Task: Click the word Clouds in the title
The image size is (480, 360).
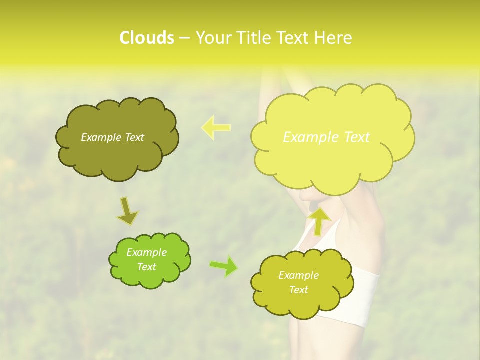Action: point(146,38)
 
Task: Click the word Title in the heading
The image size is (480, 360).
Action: point(254,38)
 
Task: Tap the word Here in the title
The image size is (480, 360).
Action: point(334,38)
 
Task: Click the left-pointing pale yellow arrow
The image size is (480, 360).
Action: point(216,127)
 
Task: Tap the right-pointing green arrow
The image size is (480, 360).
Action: point(224,266)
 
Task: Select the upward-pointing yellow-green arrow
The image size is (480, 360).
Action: point(319,221)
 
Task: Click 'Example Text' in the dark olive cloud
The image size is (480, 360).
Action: point(112,137)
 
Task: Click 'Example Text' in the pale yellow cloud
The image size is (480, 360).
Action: point(326,137)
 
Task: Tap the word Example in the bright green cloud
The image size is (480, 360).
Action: point(146,252)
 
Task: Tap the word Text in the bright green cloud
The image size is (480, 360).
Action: point(146,267)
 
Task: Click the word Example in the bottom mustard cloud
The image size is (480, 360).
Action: point(298,275)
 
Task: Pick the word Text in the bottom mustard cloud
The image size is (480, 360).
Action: point(298,290)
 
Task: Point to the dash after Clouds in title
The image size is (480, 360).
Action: point(183,38)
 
